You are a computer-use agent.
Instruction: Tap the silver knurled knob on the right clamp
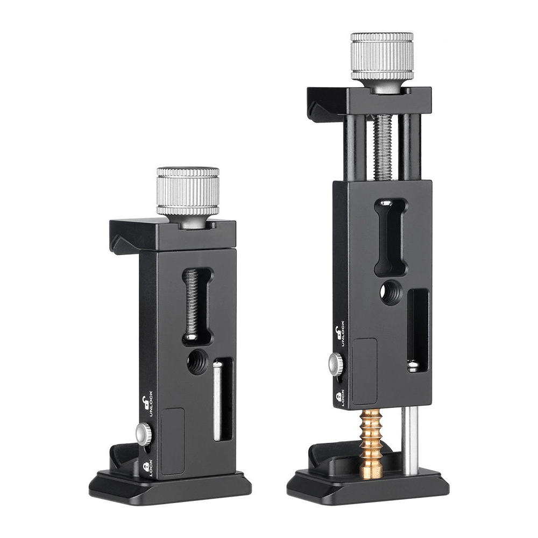pos(381,61)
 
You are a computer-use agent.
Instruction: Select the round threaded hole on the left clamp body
pos(196,362)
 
